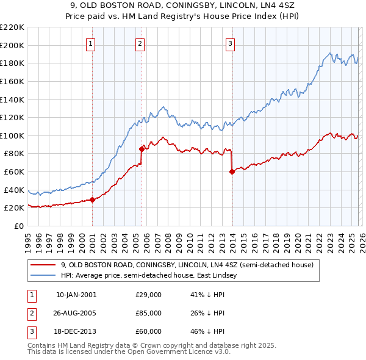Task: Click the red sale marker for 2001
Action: [x=92, y=200]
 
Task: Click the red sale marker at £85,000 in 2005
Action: [x=142, y=148]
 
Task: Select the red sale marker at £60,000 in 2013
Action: [x=232, y=171]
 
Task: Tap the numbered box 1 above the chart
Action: [x=91, y=43]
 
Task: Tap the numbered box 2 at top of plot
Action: [x=140, y=43]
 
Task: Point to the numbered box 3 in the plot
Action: [x=231, y=43]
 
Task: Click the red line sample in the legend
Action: [x=43, y=265]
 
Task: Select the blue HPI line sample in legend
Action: [x=43, y=276]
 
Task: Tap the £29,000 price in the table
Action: [x=148, y=295]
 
